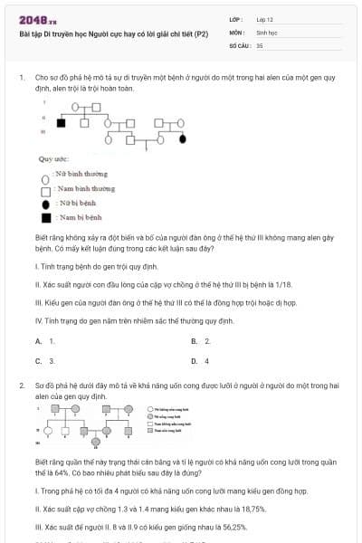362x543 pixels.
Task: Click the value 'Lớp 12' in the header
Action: (x=265, y=19)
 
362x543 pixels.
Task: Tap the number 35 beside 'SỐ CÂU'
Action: (x=260, y=43)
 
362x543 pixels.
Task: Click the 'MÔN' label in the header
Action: (x=237, y=31)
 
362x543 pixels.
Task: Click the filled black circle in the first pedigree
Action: (x=183, y=139)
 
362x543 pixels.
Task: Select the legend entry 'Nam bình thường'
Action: (x=82, y=188)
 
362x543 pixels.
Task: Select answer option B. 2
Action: (x=201, y=341)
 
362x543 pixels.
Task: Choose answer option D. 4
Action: (x=201, y=360)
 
